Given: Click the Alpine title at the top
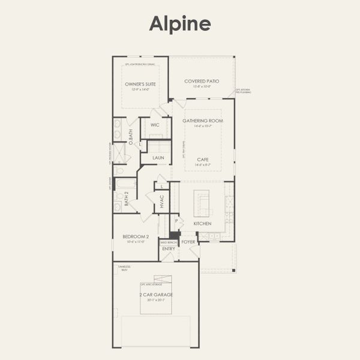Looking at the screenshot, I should pyautogui.click(x=180, y=23).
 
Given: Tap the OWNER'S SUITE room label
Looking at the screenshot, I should pyautogui.click(x=140, y=84).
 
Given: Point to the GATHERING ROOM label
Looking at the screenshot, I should pyautogui.click(x=203, y=121).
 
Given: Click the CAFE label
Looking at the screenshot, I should pyautogui.click(x=203, y=159).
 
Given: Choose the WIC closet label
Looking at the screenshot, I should pyautogui.click(x=155, y=125).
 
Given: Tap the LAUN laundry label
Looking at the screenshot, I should pyautogui.click(x=158, y=158).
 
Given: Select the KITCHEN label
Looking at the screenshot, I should pyautogui.click(x=202, y=223).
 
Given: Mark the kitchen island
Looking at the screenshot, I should pyautogui.click(x=203, y=203).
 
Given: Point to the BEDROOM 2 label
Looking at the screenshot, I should pyautogui.click(x=135, y=236).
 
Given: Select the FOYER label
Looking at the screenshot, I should pyautogui.click(x=188, y=242).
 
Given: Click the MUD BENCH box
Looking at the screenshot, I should pyautogui.click(x=169, y=242).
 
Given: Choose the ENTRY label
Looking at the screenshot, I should pyautogui.click(x=169, y=248).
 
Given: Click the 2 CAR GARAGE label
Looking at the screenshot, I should pyautogui.click(x=156, y=295).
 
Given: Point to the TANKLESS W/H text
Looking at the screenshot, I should pyautogui.click(x=125, y=268).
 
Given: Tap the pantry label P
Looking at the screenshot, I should pyautogui.click(x=176, y=221).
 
